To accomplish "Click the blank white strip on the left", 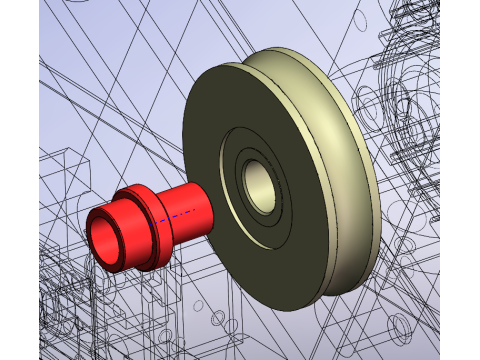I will (x=19, y=180).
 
